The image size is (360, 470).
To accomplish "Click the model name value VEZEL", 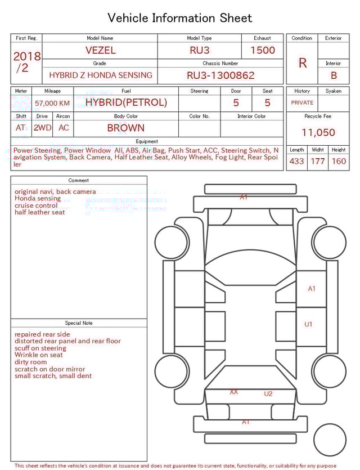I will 100,50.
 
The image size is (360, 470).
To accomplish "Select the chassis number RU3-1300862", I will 220,75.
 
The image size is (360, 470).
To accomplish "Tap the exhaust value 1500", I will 263,50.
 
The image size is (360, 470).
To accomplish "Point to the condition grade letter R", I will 302,63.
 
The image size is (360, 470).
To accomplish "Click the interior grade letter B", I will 334,75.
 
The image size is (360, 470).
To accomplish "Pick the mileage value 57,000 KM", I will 52,103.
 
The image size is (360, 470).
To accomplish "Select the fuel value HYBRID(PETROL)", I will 126,102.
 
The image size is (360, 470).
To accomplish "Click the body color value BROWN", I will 125,128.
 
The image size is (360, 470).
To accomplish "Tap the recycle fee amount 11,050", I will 318,133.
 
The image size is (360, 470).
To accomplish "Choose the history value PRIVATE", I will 302,102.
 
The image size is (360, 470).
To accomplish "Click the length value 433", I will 296,162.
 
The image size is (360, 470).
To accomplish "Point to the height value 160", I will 339,162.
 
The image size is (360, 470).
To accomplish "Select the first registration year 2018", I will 27,56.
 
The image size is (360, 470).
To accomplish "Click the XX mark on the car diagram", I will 234,391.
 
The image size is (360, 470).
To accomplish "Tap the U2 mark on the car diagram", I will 268,393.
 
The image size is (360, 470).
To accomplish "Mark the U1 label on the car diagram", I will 308,324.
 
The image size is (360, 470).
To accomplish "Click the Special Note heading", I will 79,323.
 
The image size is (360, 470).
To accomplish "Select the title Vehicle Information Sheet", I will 180,18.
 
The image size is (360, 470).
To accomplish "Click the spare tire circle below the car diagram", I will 330,440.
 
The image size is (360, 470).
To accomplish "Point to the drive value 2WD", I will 42,128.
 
